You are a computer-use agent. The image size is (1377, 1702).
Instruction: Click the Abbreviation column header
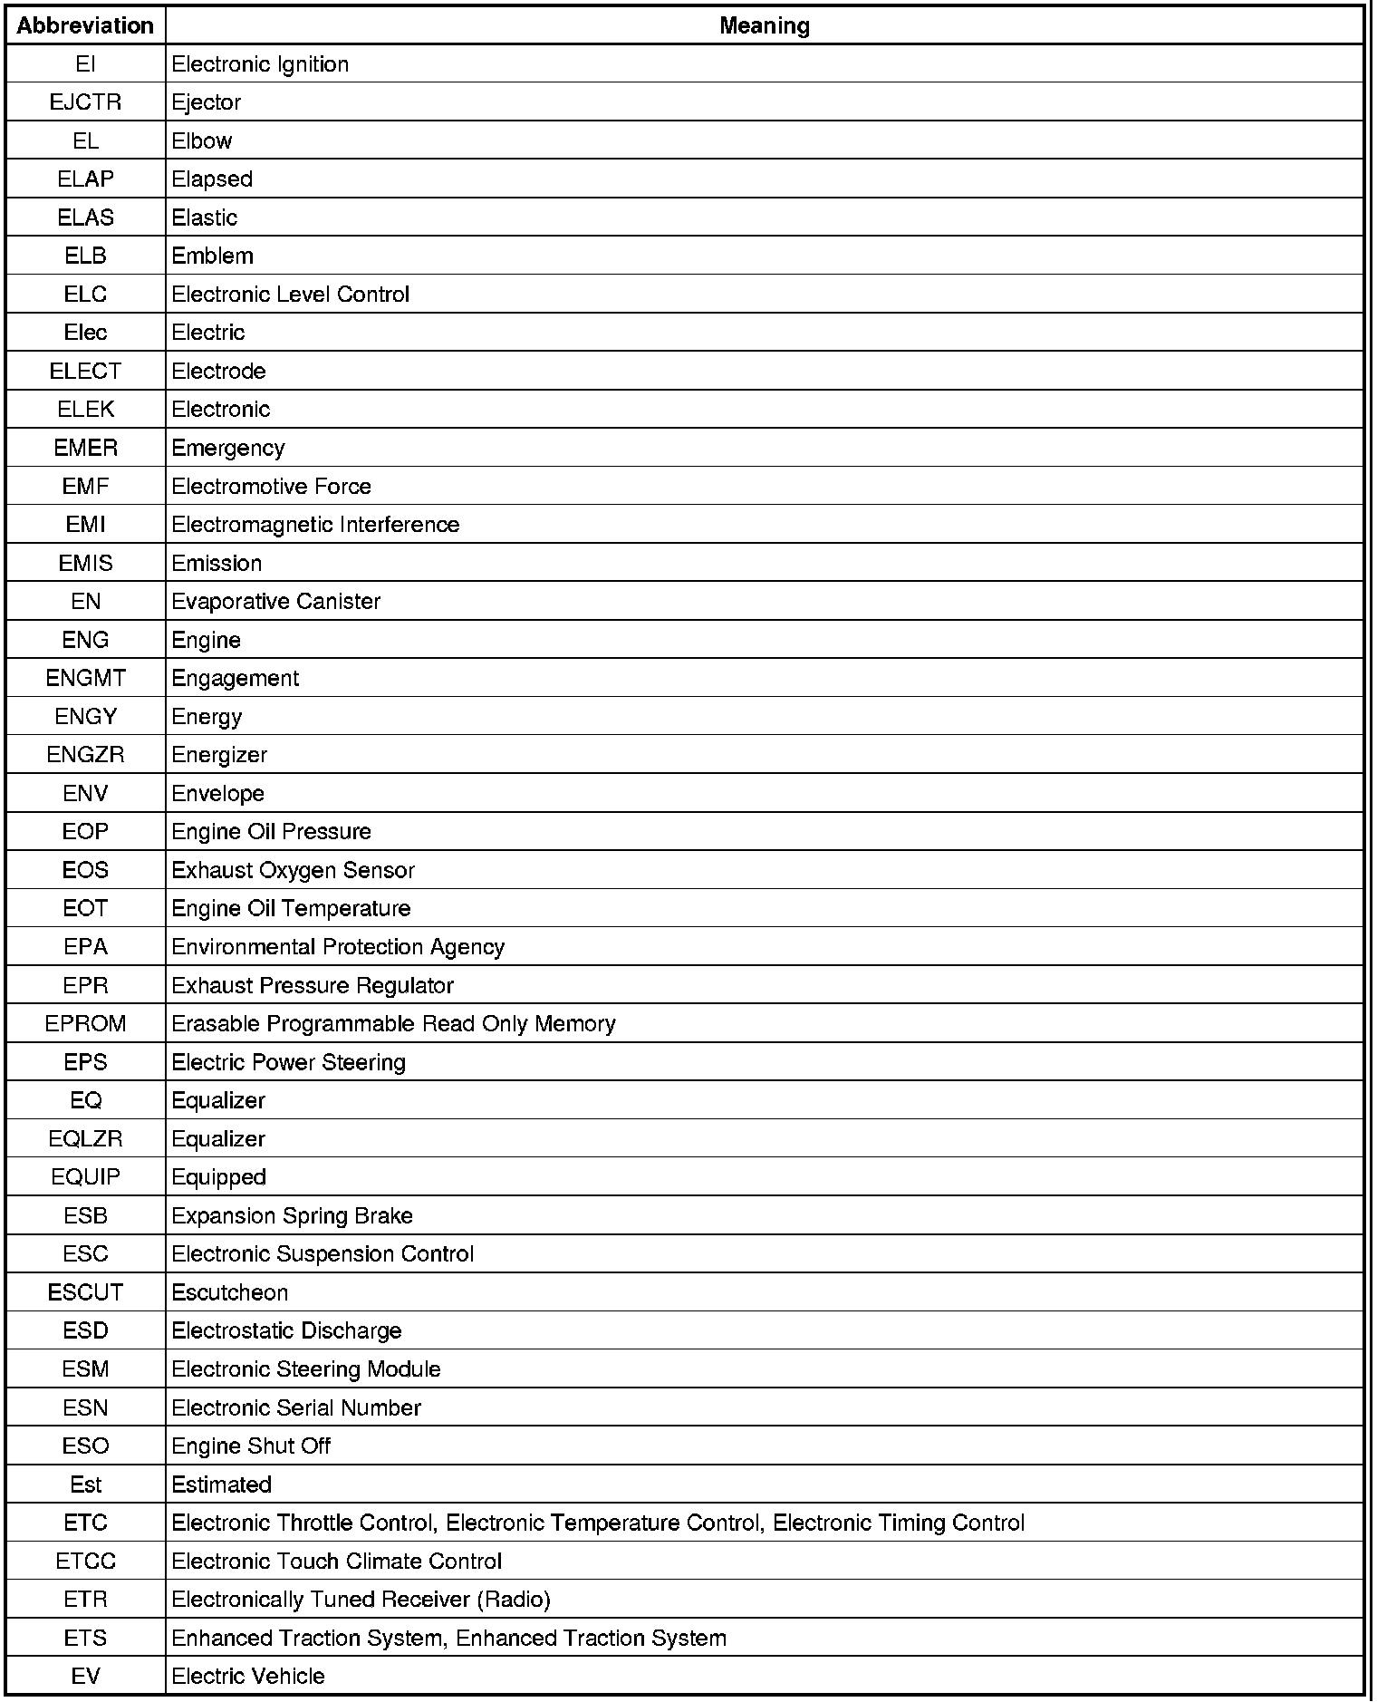pos(85,25)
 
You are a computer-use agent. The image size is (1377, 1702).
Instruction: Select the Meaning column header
pos(764,25)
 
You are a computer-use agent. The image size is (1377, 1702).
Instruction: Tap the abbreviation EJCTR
pos(85,102)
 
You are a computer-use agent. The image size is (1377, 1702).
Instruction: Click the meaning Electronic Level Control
pos(290,295)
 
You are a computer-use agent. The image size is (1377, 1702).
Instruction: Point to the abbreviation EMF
pos(85,487)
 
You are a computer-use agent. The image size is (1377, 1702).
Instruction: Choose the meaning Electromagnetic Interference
pos(315,525)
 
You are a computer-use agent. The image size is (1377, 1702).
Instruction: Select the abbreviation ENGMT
pos(85,678)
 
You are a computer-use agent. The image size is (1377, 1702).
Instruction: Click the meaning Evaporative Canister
pos(275,602)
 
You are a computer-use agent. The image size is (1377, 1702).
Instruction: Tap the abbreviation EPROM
pos(85,1024)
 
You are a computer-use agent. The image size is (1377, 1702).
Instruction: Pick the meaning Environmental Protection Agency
pos(337,947)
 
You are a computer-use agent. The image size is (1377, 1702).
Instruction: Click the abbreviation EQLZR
pos(85,1139)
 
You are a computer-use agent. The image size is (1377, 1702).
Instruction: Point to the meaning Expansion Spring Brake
pos(292,1215)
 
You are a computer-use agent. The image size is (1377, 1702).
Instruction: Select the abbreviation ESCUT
pos(85,1292)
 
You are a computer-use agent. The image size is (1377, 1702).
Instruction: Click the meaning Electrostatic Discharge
pos(286,1330)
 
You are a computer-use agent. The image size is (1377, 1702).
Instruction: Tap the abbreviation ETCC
pos(85,1561)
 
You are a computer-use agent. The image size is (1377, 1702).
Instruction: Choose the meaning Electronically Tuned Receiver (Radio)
pos(361,1600)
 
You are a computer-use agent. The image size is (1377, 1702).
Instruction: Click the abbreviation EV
pos(85,1676)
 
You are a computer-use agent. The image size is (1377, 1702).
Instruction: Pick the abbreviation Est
pos(85,1484)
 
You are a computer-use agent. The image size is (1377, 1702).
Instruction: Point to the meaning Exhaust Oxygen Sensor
pos(293,870)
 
